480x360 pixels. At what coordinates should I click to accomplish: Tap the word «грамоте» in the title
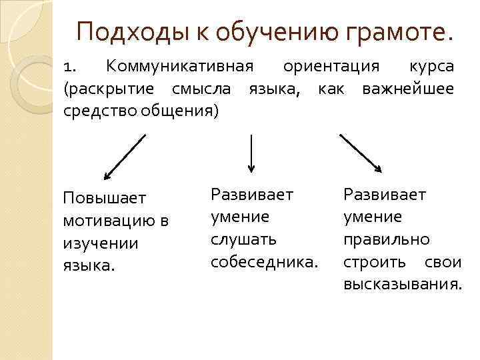click(x=401, y=31)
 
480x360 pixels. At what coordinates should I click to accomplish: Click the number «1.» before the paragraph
click(x=71, y=67)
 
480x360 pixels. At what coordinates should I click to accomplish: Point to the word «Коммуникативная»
click(x=180, y=67)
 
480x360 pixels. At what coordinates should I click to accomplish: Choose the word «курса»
click(x=431, y=67)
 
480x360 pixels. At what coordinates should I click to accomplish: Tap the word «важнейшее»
click(x=408, y=89)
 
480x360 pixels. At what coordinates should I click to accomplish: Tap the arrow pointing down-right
click(x=361, y=153)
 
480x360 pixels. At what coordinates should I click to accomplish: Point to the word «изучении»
click(x=100, y=243)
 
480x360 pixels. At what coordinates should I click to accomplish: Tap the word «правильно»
click(x=386, y=239)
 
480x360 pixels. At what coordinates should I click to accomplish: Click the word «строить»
click(x=372, y=261)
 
